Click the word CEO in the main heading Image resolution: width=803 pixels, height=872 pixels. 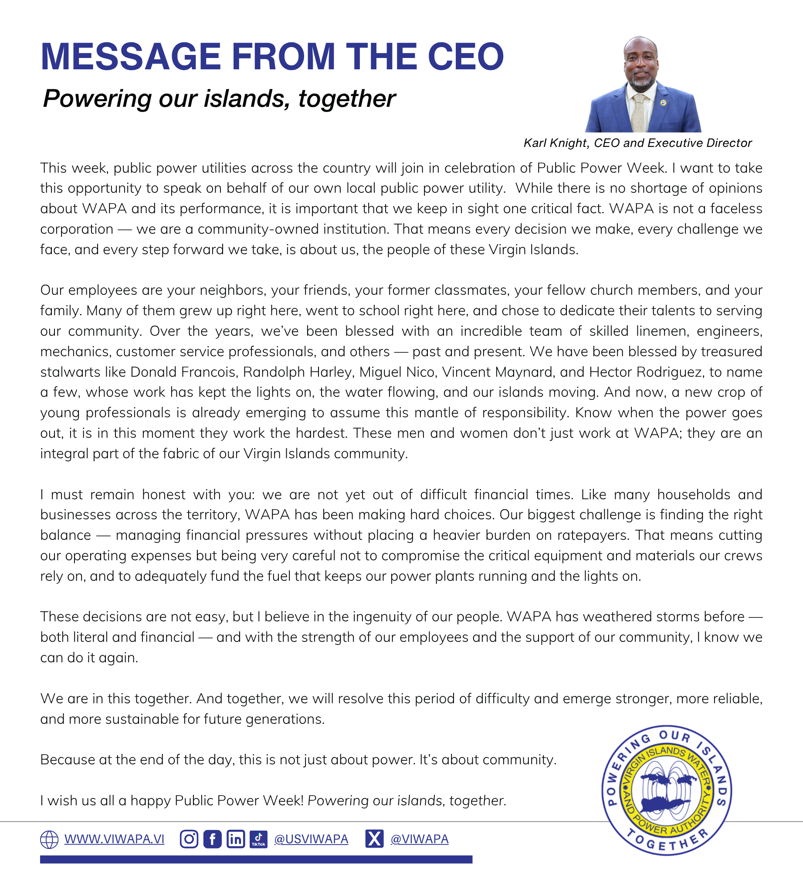click(x=466, y=57)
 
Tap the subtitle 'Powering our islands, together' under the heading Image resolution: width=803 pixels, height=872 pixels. click(x=219, y=99)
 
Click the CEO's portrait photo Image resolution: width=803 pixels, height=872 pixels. click(x=643, y=85)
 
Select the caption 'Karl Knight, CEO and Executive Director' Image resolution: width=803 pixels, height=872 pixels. click(x=637, y=143)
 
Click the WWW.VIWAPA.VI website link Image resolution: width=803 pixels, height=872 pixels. click(x=114, y=839)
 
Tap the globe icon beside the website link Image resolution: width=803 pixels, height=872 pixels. click(x=49, y=839)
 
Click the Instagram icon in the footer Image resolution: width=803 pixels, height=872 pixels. click(x=189, y=839)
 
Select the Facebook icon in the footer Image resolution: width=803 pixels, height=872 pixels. click(x=212, y=839)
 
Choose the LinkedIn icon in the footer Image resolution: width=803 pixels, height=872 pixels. click(x=236, y=839)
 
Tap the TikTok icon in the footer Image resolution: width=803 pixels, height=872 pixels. click(x=258, y=839)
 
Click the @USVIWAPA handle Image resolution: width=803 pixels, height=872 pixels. click(x=311, y=839)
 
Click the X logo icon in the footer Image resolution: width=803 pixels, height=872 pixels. click(x=374, y=838)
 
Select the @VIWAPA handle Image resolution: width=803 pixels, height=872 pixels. click(x=420, y=839)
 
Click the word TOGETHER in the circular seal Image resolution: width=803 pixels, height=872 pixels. click(x=667, y=843)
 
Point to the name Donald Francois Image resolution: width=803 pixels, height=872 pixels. click(x=183, y=372)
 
